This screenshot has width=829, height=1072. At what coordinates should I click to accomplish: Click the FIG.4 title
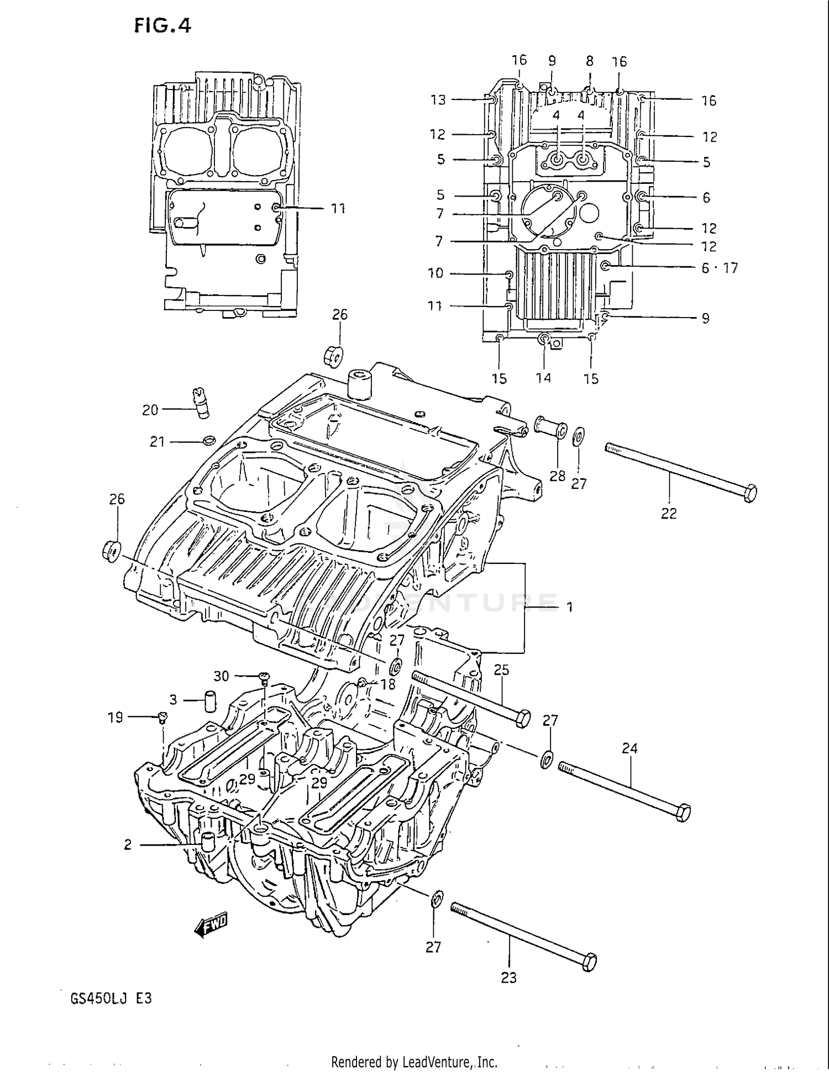(162, 26)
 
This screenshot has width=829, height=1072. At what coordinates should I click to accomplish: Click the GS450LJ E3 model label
(107, 999)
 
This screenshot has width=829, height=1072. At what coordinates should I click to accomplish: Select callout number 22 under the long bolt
(669, 514)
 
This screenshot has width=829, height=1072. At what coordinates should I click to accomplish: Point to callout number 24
(629, 748)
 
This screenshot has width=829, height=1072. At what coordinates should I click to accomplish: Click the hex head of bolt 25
(522, 718)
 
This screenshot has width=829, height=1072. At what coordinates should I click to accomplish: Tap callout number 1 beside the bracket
(569, 608)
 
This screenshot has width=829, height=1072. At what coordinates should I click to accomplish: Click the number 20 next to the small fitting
(150, 410)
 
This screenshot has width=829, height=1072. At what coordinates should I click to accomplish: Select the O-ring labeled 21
(209, 440)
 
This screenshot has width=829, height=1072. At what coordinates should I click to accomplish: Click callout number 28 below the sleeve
(557, 476)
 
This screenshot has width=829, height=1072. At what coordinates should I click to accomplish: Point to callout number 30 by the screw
(221, 676)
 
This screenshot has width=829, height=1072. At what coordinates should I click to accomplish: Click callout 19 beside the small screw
(115, 717)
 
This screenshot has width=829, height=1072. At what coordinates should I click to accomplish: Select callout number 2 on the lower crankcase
(128, 844)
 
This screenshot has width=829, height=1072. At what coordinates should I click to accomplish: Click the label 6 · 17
(719, 268)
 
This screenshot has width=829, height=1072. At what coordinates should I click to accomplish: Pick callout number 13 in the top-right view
(438, 100)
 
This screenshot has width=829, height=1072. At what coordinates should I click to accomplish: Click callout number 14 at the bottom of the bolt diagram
(543, 378)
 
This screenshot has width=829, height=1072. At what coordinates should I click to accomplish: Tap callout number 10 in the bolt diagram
(436, 273)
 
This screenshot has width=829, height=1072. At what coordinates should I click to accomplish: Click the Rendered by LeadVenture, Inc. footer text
(414, 1062)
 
